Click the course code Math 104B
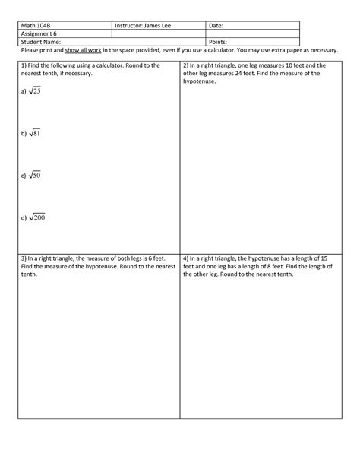35,26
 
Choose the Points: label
219,42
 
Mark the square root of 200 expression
38,219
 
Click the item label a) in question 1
24,92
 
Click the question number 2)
187,66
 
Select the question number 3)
24,258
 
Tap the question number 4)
187,258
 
